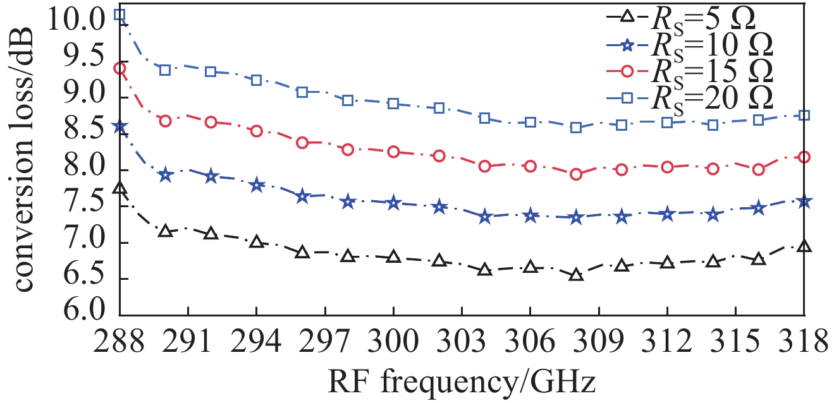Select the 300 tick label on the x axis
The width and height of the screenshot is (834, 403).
[x=393, y=344]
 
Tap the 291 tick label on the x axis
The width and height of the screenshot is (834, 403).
[x=188, y=344]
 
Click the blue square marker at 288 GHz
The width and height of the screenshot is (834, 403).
[x=120, y=15]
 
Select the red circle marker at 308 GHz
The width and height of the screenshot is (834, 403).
[x=576, y=174]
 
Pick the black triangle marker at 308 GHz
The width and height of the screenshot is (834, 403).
[x=576, y=275]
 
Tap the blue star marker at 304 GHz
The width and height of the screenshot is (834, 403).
[x=485, y=217]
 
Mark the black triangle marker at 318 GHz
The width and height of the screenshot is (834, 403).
[x=804, y=247]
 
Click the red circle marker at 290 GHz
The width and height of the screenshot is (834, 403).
[x=166, y=121]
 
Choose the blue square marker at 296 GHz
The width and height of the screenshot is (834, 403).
[x=302, y=92]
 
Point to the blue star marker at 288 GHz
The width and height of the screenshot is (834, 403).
[x=120, y=127]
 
